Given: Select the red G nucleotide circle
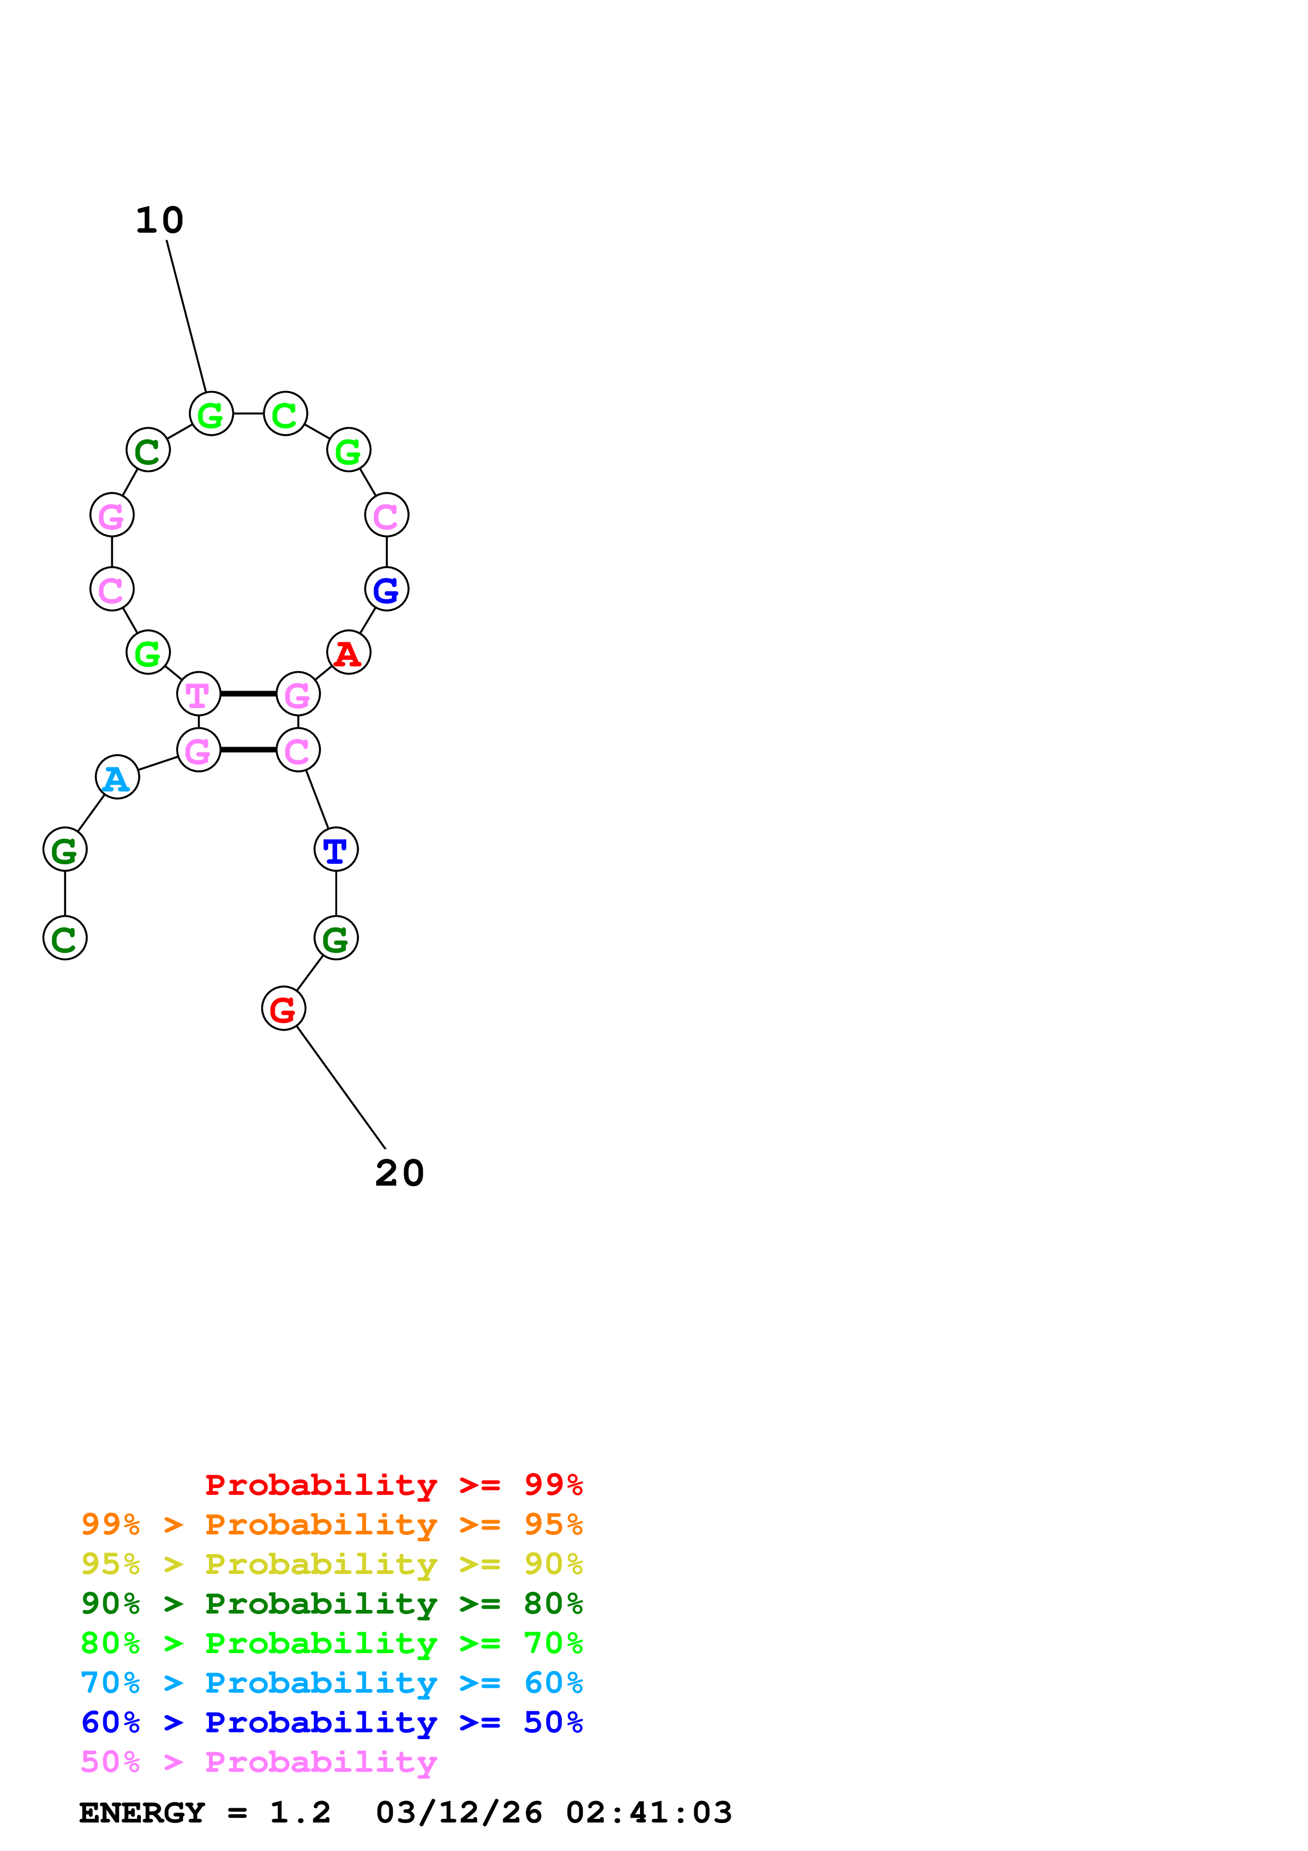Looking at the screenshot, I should point(283,1008).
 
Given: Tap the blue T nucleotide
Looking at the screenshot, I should point(335,849).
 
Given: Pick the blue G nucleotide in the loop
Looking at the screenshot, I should point(386,589).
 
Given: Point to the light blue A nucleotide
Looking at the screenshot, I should point(117,777).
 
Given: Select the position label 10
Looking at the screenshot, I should point(159,220).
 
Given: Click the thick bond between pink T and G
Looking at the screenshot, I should point(248,693).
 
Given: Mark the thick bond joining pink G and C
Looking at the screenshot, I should point(248,750).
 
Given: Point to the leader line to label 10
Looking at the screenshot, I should point(186,316).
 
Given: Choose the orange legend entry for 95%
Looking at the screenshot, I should point(331,1524).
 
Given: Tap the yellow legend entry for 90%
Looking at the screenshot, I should point(331,1564).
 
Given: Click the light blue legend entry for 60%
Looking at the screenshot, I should point(331,1683).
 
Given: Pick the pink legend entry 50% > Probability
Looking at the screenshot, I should point(259,1761).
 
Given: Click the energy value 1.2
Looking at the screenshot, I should point(300,1812).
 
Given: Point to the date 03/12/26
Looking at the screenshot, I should point(459,1812).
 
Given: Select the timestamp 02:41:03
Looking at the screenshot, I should point(649,1812).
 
